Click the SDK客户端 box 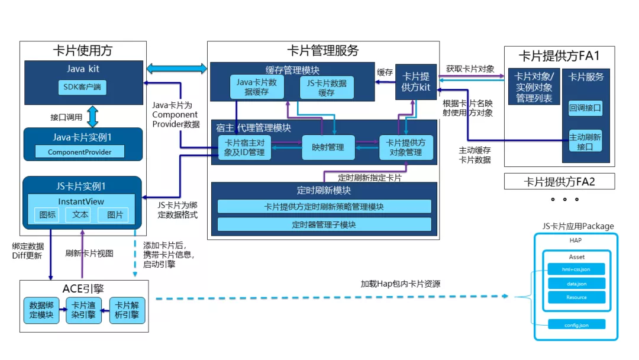pyautogui.click(x=82, y=88)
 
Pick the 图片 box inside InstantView pyautogui.click(x=114, y=215)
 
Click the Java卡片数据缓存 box pyautogui.click(x=257, y=88)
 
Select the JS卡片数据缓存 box pyautogui.click(x=327, y=88)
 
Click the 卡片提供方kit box pyautogui.click(x=416, y=82)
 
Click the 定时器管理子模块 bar pyautogui.click(x=324, y=224)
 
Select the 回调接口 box pyautogui.click(x=585, y=108)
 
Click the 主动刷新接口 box pyautogui.click(x=585, y=140)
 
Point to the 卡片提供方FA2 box pyautogui.click(x=559, y=182)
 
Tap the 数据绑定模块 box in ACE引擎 pyautogui.click(x=41, y=310)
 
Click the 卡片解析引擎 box pyautogui.click(x=127, y=310)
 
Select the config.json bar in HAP pyautogui.click(x=576, y=324)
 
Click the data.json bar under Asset pyautogui.click(x=576, y=284)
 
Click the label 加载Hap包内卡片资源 pyautogui.click(x=401, y=284)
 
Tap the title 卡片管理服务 pyautogui.click(x=323, y=51)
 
